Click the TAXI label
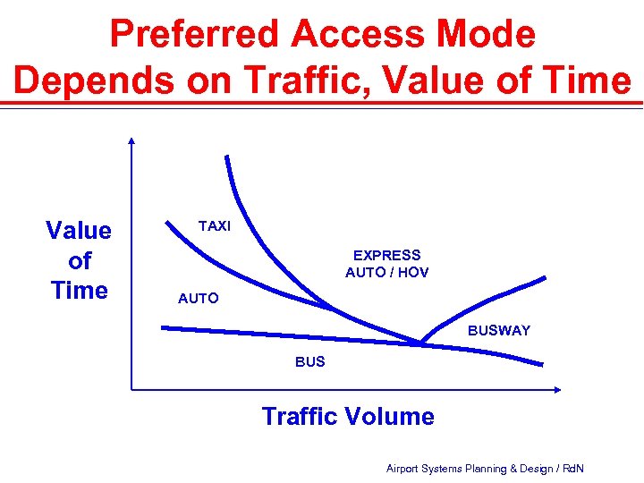(215, 226)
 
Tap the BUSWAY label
(499, 331)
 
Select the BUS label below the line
(310, 362)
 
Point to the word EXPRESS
(386, 256)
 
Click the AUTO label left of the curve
(198, 299)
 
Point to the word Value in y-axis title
(79, 231)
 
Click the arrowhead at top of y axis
(131, 140)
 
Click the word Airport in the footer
(405, 469)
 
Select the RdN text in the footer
(572, 469)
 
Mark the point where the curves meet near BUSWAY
(419, 342)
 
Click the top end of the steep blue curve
(227, 157)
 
